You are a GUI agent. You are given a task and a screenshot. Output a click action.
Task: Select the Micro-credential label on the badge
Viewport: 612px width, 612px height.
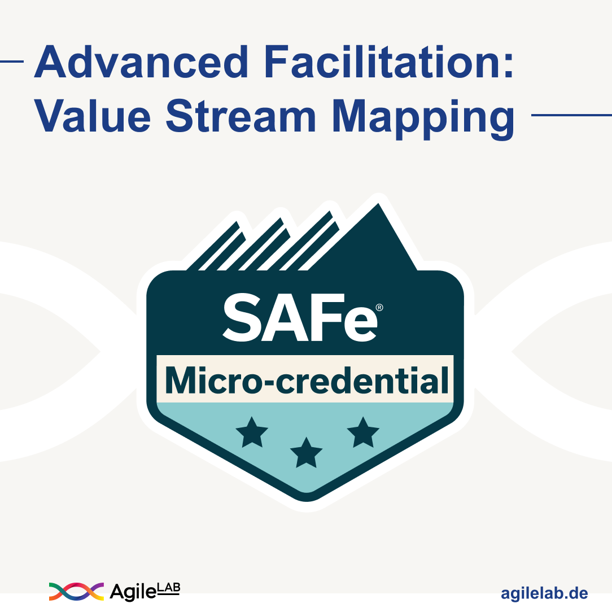(305, 379)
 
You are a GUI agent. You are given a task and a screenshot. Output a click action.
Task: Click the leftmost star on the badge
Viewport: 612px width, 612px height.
(252, 432)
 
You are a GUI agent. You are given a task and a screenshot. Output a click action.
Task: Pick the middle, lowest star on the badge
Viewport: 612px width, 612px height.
(305, 453)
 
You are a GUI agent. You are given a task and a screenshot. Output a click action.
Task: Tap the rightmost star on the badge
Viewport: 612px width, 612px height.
(362, 432)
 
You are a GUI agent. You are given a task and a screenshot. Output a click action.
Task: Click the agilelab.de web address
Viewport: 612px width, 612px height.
(544, 593)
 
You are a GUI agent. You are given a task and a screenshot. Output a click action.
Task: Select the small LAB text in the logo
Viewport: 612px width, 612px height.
(169, 587)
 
